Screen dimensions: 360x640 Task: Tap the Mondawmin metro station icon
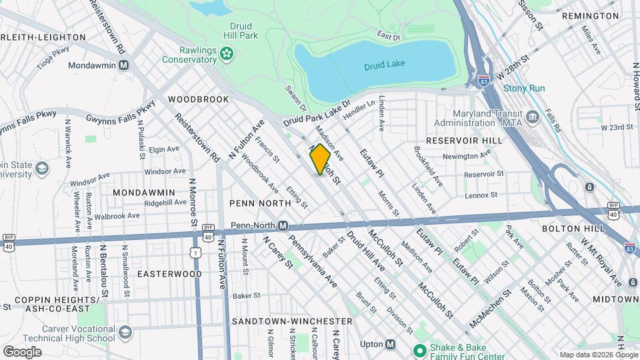click(x=123, y=65)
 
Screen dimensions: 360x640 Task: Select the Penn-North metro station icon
click(x=283, y=225)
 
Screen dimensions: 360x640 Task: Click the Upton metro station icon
click(x=391, y=345)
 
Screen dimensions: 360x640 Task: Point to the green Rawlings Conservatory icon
click(x=227, y=53)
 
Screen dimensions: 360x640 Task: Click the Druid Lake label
click(x=385, y=65)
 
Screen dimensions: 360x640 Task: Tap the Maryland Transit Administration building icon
click(x=533, y=117)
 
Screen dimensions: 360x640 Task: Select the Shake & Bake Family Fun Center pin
click(x=419, y=350)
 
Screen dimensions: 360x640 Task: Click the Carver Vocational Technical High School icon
click(x=124, y=333)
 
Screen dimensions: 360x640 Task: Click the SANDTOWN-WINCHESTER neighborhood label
click(x=291, y=321)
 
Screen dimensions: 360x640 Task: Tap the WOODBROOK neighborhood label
click(x=198, y=99)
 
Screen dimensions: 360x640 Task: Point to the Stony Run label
click(x=524, y=88)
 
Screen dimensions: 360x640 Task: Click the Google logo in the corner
click(x=22, y=351)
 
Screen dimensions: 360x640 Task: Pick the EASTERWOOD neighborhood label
click(x=169, y=274)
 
